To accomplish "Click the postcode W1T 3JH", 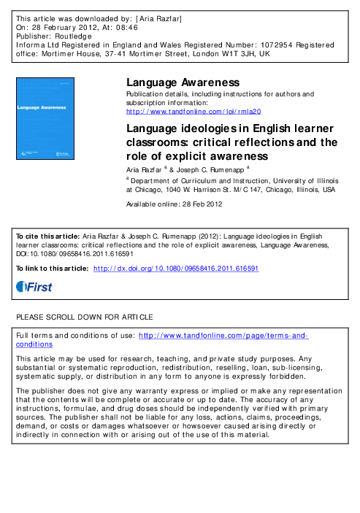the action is [240, 53].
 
